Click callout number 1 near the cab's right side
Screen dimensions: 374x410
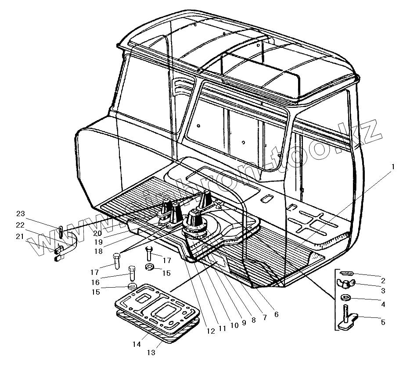(x=393, y=167)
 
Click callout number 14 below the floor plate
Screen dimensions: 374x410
(x=137, y=344)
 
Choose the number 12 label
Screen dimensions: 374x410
(x=211, y=331)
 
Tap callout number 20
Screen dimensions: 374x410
(x=97, y=233)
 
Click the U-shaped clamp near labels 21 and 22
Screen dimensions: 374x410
(x=70, y=246)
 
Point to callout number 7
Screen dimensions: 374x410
(x=265, y=318)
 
